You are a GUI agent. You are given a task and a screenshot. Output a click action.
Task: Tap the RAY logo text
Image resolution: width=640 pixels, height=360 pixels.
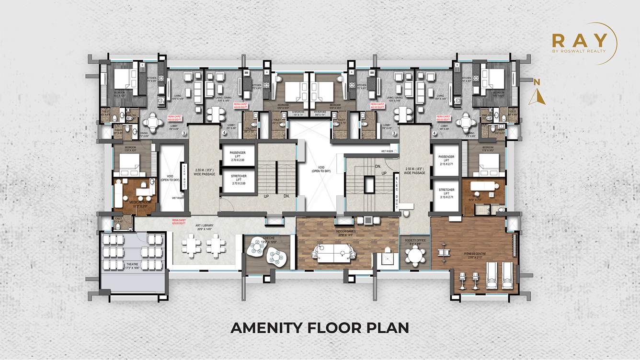(x=579, y=40)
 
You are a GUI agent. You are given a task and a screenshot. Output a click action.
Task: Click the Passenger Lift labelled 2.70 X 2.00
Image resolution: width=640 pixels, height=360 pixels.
(x=238, y=156)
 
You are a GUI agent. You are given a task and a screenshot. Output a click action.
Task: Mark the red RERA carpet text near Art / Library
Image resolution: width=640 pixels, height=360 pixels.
(x=179, y=222)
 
